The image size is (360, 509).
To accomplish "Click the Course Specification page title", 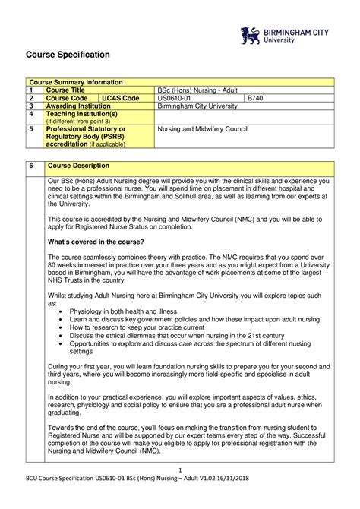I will pos(69,55).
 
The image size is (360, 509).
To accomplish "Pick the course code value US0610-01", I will pos(175,98).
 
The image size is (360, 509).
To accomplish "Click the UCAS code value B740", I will pos(255,98).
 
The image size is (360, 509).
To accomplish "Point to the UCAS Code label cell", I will pos(121,98).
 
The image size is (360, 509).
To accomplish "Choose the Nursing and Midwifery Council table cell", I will pos(202,129).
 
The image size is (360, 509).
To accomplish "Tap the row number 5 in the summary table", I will pos(31,129).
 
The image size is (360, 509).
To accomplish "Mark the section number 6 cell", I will pos(31,166).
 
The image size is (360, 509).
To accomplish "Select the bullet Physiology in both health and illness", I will pos(123,311).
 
